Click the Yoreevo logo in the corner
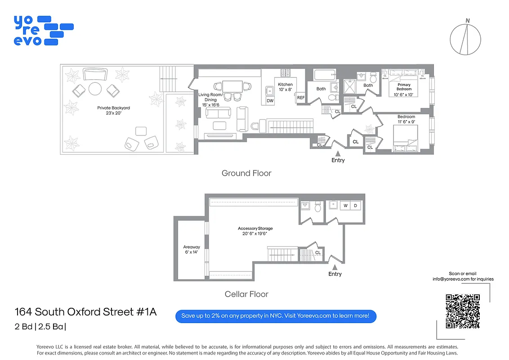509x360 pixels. pos(43,30)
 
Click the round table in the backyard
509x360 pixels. pos(95,89)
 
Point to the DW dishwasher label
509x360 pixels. pos(270,101)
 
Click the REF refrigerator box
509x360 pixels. pos(301,98)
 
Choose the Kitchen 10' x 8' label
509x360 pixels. pos(285,87)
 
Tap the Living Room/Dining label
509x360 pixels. pos(210,99)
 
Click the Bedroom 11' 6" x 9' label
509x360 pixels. pos(406,119)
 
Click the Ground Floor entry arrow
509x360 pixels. pos(338,154)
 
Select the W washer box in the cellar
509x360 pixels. pos(345,206)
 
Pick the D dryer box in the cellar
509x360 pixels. pos(355,206)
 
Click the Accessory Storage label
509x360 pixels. pos(255,231)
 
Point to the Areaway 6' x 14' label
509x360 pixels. pos(192,249)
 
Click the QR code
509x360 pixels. pos(463,311)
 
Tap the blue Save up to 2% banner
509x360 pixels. pos(275,316)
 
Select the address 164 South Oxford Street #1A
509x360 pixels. pos(85,312)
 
